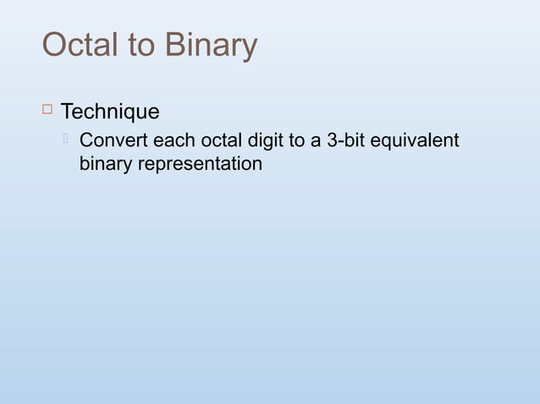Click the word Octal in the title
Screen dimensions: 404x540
81,46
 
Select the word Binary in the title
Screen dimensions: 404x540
211,47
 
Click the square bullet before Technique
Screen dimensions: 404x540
47,109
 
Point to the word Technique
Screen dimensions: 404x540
110,112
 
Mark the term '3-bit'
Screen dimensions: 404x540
347,139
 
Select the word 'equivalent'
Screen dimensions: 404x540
416,139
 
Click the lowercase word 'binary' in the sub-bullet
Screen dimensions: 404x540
106,163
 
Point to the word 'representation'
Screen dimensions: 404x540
201,163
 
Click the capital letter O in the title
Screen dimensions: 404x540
55,46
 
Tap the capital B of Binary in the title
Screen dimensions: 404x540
175,46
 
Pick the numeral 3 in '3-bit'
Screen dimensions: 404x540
332,139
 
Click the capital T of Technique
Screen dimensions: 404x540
67,112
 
